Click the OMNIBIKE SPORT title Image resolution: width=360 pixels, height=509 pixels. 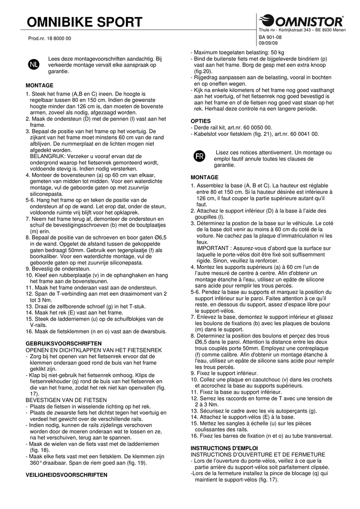[85, 22]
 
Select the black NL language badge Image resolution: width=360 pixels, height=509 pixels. [33, 65]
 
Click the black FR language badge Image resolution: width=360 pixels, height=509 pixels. [198, 156]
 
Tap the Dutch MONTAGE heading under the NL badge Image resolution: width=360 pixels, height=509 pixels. [39, 85]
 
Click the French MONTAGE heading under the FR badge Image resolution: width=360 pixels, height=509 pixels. [204, 177]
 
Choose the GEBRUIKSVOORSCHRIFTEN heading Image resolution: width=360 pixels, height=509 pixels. [63, 343]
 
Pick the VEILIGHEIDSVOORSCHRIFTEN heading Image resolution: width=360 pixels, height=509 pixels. [66, 475]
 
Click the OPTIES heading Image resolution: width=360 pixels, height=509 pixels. [201, 121]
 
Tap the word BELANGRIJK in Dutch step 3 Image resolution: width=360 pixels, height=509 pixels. [48, 156]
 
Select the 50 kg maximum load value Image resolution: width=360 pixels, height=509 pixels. [277, 52]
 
